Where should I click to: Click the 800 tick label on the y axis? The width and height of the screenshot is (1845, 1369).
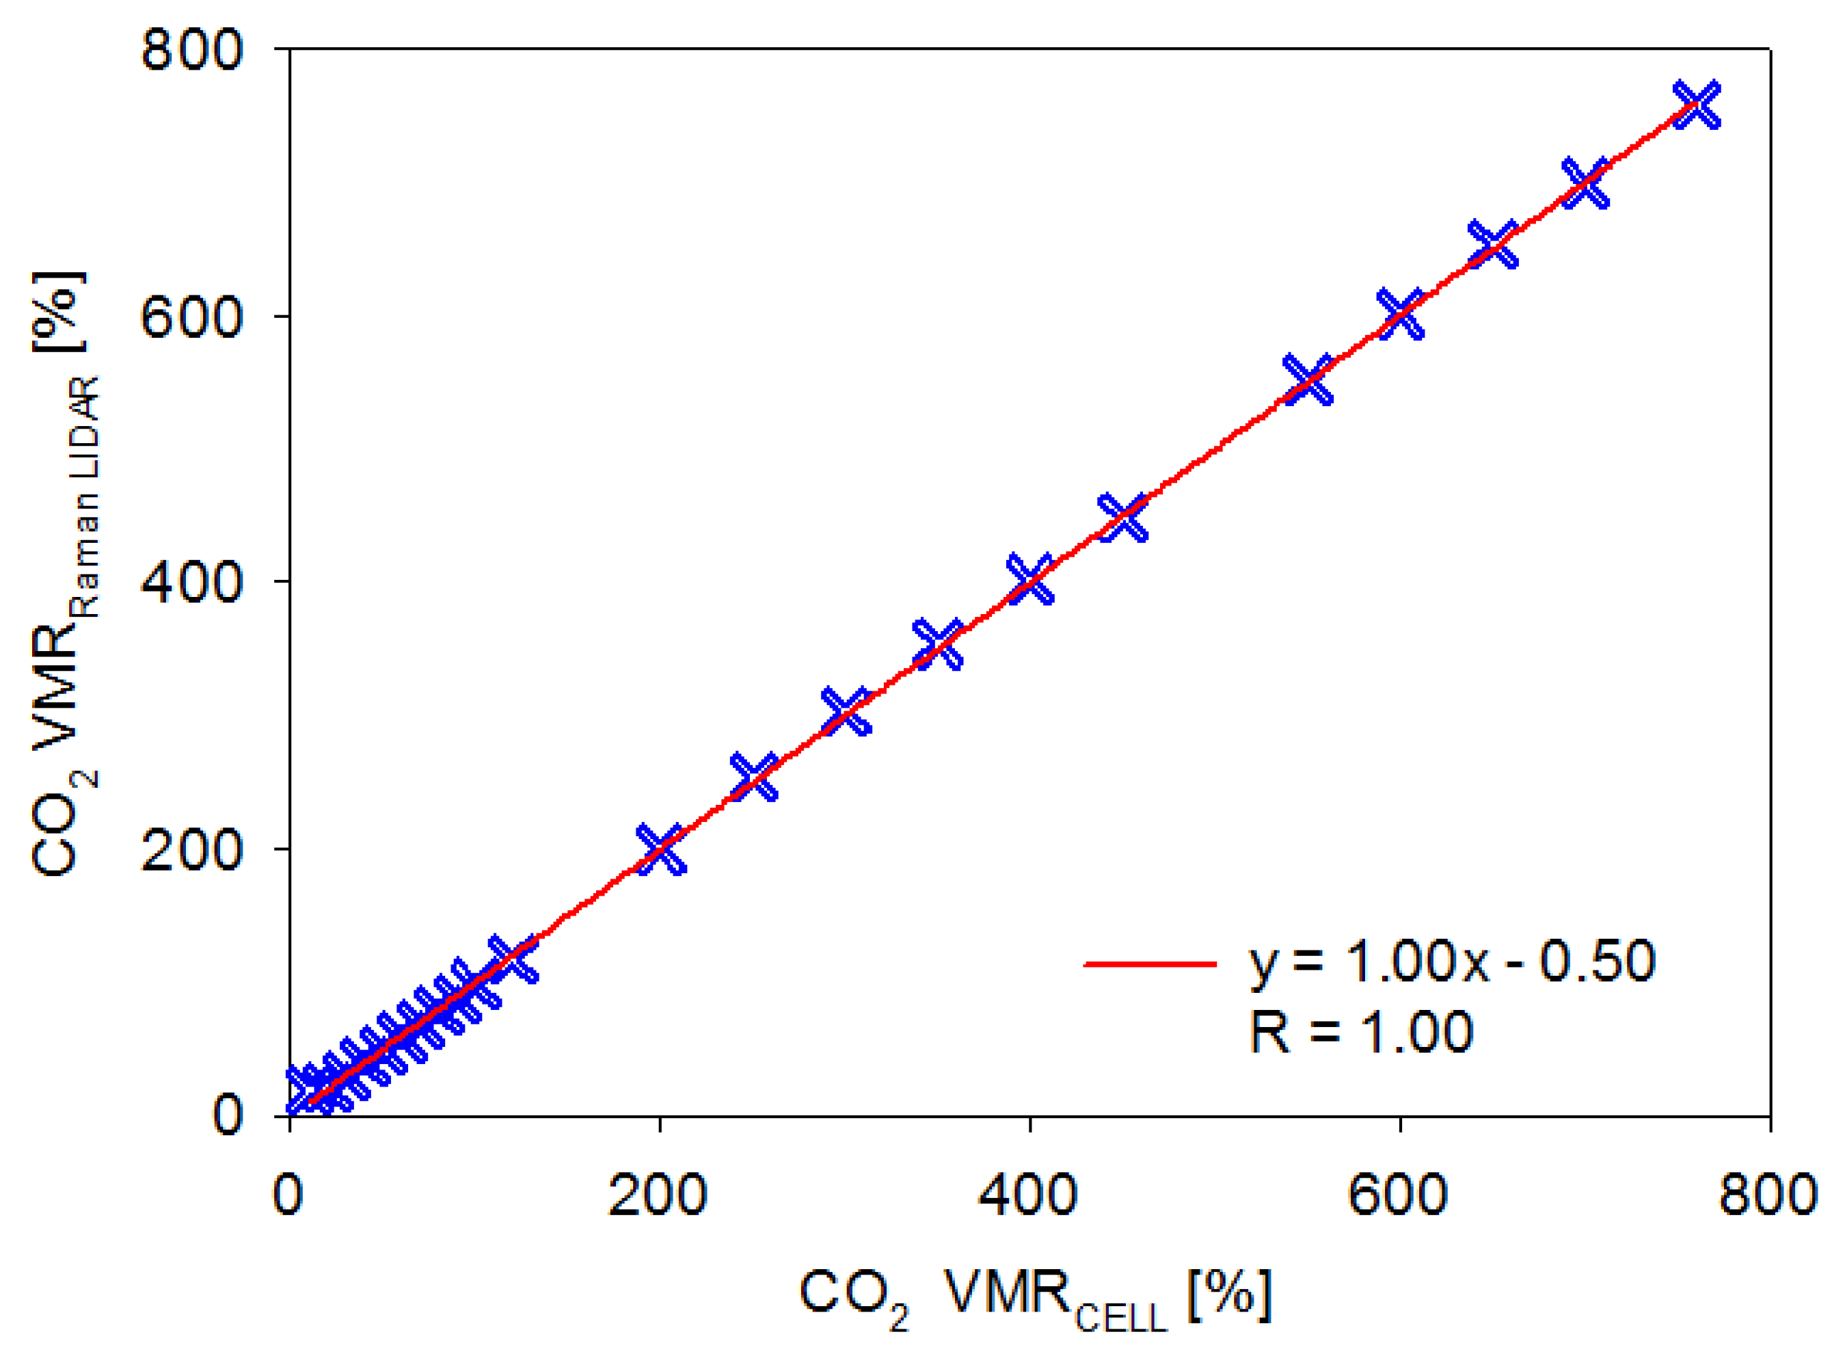coord(191,50)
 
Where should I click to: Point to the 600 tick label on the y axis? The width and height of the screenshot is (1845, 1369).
coord(191,317)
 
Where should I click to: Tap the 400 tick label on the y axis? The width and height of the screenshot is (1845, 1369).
coord(191,583)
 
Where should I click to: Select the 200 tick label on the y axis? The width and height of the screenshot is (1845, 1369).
coord(191,849)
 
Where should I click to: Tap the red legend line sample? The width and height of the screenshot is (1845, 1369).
coord(1150,963)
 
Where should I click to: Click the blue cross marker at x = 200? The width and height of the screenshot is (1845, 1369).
coord(661,849)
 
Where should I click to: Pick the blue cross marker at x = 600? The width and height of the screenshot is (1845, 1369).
coord(1400,314)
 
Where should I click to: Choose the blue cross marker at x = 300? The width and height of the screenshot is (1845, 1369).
coord(846,711)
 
